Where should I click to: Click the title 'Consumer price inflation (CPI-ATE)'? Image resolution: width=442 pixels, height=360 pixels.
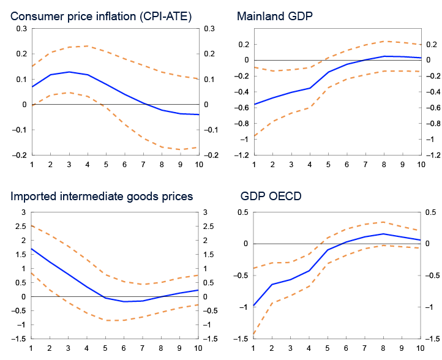pos(101,17)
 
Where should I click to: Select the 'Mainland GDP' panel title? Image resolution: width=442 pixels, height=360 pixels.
pos(274,17)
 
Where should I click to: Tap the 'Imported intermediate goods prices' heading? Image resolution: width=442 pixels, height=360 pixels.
pos(102,197)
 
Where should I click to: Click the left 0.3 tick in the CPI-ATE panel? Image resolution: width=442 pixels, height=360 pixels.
pos(22,29)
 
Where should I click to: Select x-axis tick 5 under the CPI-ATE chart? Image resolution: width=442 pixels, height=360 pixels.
pos(106,164)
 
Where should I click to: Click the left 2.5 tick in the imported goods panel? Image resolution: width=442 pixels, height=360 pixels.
pos(22,227)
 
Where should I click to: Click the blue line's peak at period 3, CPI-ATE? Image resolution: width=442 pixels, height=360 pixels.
pos(69,72)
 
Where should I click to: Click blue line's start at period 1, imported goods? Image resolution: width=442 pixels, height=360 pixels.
pos(31,249)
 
